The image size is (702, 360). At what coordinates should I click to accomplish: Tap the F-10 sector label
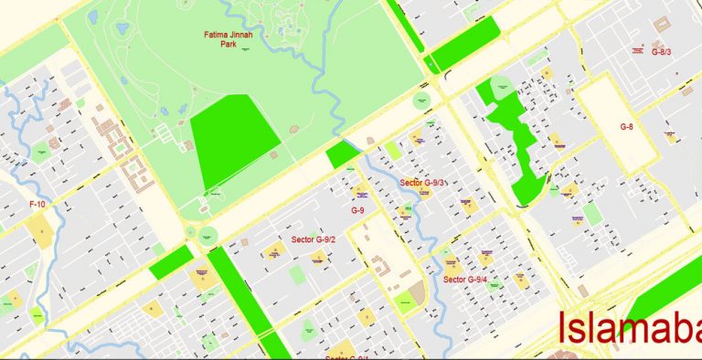coord(37,204)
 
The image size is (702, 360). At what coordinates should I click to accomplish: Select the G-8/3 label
coord(660,52)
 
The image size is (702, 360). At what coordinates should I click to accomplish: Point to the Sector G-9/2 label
coord(314,239)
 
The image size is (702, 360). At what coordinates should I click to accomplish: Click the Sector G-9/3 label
coord(423,183)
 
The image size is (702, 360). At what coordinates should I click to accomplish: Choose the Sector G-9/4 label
coord(465,279)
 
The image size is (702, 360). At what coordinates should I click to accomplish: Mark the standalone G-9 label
coord(358,210)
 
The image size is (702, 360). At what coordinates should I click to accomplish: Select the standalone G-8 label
coord(627,126)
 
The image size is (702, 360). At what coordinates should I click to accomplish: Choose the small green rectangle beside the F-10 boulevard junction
coord(171,262)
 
